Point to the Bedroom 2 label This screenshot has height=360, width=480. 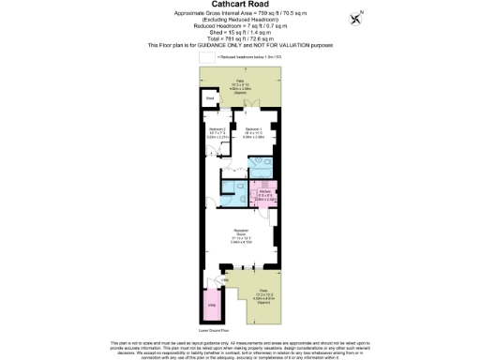pos(217,133)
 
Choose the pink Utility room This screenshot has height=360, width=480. pos(212,306)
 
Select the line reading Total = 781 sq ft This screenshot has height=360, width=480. pos(239,38)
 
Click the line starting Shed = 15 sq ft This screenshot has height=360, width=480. pos(239,33)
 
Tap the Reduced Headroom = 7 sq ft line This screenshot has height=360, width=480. pos(239,26)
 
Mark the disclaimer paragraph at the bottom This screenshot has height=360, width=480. pos(239,349)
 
